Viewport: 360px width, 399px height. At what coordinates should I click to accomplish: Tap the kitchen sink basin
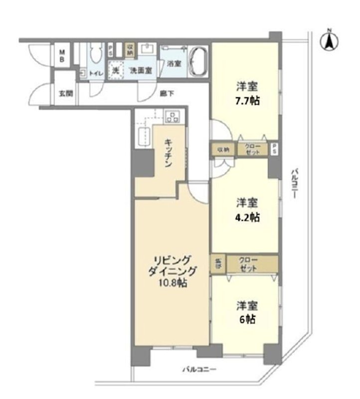[143, 136]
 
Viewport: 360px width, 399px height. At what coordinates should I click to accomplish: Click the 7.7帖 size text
[248, 99]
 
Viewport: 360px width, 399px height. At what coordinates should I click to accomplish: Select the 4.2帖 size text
[248, 217]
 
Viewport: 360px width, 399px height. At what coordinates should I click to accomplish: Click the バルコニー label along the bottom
[198, 370]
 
